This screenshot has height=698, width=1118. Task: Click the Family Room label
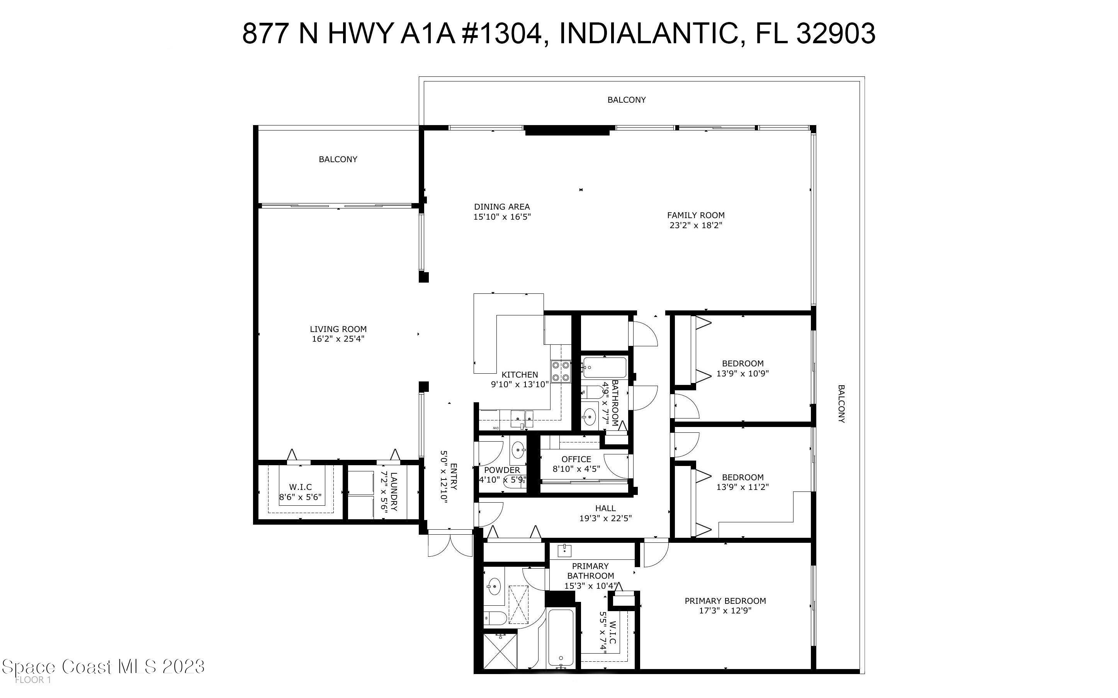click(x=695, y=215)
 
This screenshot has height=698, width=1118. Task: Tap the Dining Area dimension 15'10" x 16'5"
click(x=502, y=217)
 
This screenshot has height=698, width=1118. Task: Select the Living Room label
click(x=338, y=329)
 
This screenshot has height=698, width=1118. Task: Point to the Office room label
click(x=576, y=459)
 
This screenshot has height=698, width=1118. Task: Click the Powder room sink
click(x=518, y=449)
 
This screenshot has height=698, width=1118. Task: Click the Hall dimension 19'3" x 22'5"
click(x=605, y=518)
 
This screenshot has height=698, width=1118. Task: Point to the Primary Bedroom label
click(x=725, y=601)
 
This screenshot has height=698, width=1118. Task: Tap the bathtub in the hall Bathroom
click(x=604, y=368)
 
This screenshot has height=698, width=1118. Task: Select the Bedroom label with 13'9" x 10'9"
click(x=743, y=363)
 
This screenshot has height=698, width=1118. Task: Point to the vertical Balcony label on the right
click(x=841, y=403)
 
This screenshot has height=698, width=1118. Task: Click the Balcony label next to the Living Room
click(x=338, y=159)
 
